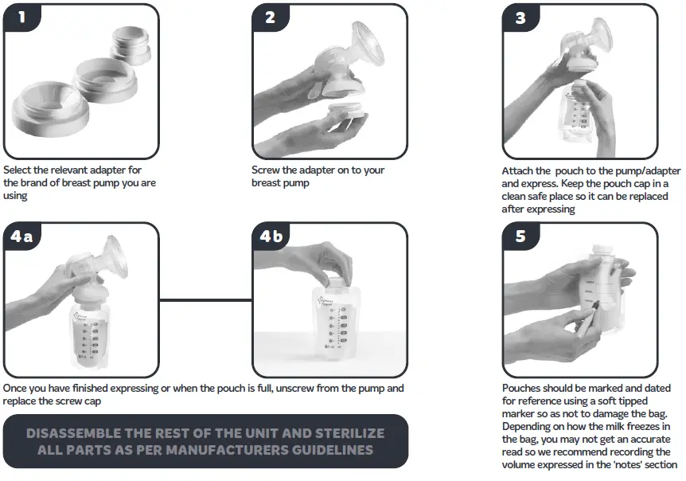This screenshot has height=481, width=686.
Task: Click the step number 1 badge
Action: tap(21, 18)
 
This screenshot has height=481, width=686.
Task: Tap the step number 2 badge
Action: tap(271, 18)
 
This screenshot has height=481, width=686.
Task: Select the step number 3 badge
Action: tap(520, 18)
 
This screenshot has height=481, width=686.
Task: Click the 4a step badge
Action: tap(21, 237)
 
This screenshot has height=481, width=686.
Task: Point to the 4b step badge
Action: tap(271, 237)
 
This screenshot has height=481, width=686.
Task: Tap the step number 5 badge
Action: tap(520, 237)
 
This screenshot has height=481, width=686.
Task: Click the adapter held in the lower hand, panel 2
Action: tap(346, 115)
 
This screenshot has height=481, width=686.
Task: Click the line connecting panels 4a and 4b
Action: tap(205, 299)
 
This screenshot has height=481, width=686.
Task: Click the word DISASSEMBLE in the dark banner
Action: tap(73, 433)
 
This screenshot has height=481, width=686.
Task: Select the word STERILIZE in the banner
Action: tap(350, 433)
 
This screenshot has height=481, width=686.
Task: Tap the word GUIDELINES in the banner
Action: tap(333, 450)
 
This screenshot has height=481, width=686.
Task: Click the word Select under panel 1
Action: tap(17, 170)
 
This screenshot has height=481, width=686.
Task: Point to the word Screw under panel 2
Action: tap(266, 170)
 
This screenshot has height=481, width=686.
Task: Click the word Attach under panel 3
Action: tap(516, 170)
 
